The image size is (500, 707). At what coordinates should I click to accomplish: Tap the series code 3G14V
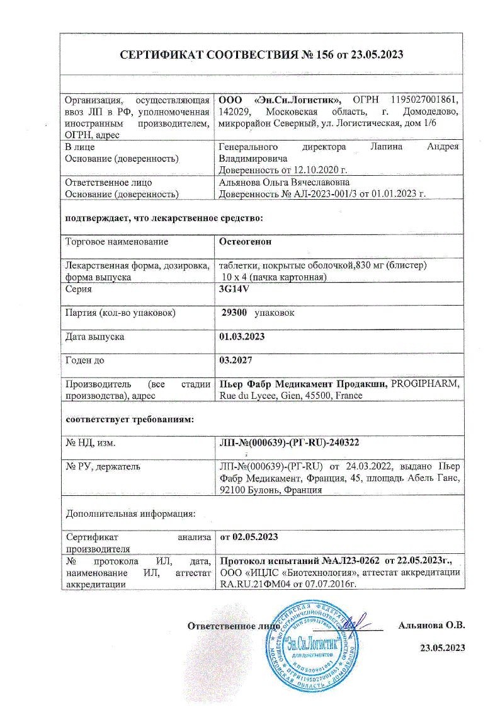[x=233, y=289]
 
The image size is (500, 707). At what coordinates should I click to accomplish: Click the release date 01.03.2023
[x=241, y=336]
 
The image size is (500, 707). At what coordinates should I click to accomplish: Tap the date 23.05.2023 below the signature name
[x=442, y=648]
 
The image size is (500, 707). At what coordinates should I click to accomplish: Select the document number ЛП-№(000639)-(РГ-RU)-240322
[x=289, y=443]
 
